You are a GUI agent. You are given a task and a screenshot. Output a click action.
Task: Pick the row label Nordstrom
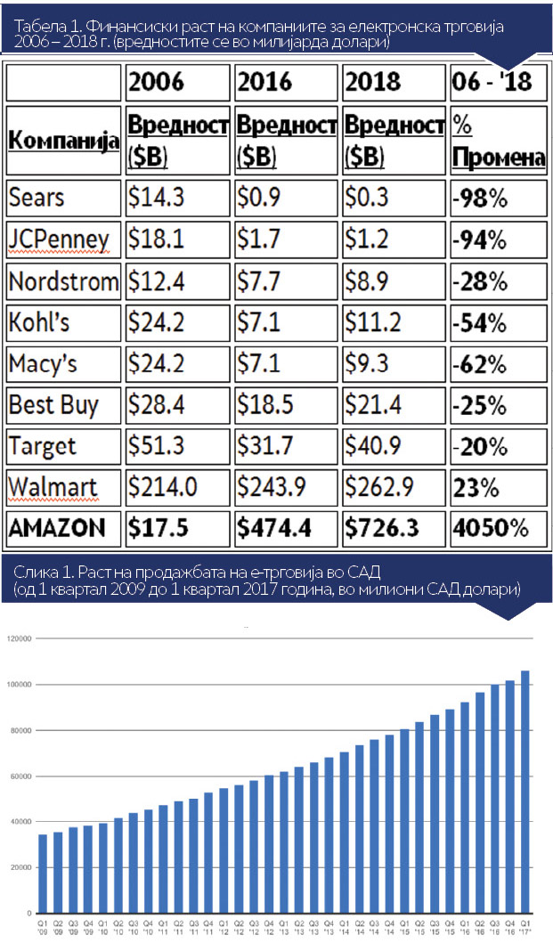click(62, 282)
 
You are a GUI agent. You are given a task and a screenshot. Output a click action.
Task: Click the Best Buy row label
click(53, 405)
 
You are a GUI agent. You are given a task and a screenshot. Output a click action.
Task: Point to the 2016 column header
click(265, 82)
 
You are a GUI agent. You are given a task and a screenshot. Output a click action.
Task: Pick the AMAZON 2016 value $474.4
click(274, 528)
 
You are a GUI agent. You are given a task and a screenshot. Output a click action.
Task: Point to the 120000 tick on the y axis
click(19, 638)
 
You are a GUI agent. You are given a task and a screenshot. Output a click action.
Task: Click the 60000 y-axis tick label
click(20, 776)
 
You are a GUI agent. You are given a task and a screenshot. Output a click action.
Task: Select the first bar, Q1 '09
click(43, 873)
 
